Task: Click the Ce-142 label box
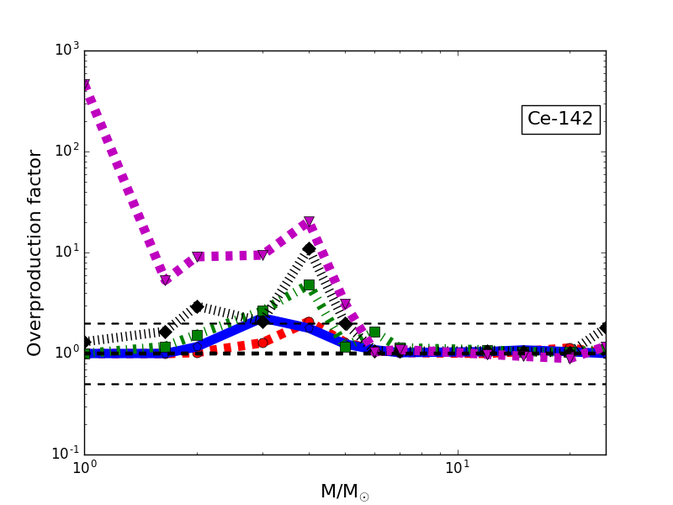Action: [560, 120]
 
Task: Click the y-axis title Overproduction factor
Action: [35, 252]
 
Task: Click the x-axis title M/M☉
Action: [344, 492]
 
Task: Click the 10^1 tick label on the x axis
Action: [457, 468]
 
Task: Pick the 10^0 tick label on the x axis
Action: [84, 468]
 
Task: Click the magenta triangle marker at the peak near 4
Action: [309, 222]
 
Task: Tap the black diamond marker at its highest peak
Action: [309, 248]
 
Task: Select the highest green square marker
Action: [309, 284]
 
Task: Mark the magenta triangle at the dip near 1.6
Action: [165, 280]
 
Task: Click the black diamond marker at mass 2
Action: [197, 306]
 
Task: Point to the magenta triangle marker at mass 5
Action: [345, 305]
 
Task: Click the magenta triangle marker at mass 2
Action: [197, 257]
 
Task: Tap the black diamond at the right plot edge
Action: [605, 327]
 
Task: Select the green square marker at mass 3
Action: [262, 311]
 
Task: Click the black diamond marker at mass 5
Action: [345, 323]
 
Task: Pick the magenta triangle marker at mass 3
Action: [262, 255]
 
